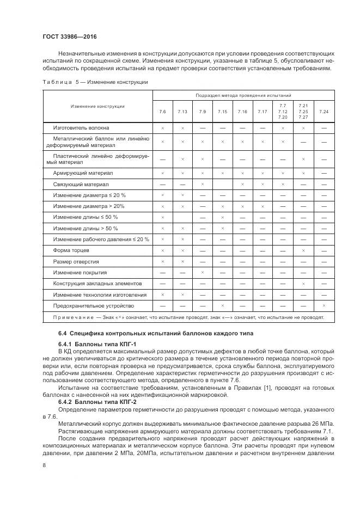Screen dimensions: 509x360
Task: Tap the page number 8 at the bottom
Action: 44,464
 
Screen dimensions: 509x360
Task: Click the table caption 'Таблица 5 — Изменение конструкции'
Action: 95,82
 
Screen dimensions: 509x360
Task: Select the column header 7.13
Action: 182,112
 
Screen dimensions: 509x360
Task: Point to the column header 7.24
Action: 324,112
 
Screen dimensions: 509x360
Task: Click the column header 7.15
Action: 222,112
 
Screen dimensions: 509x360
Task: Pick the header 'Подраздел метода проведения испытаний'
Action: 243,95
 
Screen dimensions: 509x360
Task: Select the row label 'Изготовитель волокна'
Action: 81,127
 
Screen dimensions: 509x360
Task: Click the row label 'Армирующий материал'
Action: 83,173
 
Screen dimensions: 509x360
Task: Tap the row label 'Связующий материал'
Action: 81,185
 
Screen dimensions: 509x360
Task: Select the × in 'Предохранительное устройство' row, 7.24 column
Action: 324,306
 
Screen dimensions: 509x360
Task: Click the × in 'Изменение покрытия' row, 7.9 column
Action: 202,273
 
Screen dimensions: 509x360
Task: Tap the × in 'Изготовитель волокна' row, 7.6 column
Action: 162,127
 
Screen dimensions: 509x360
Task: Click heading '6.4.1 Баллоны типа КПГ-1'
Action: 91,344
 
